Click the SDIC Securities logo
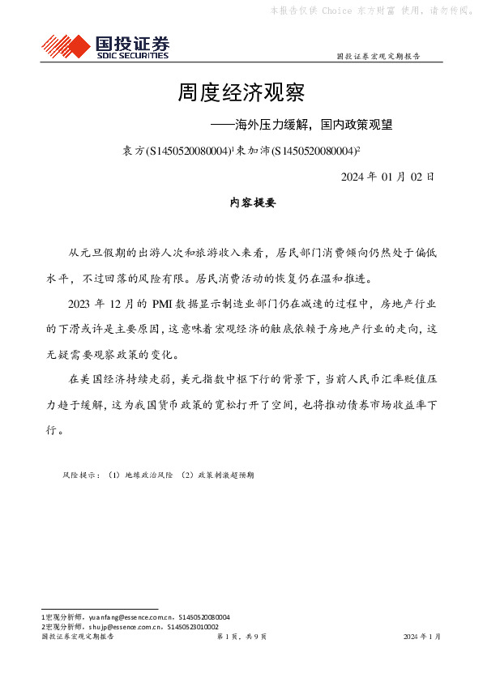coord(105,46)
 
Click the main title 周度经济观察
coord(241,93)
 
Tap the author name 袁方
coord(132,151)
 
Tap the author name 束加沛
coord(251,151)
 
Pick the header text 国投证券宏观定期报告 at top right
coord(378,57)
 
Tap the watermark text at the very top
coord(372,11)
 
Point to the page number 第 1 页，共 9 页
coord(241,637)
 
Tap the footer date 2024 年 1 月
coord(422,637)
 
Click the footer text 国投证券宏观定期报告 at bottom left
coord(77,637)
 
